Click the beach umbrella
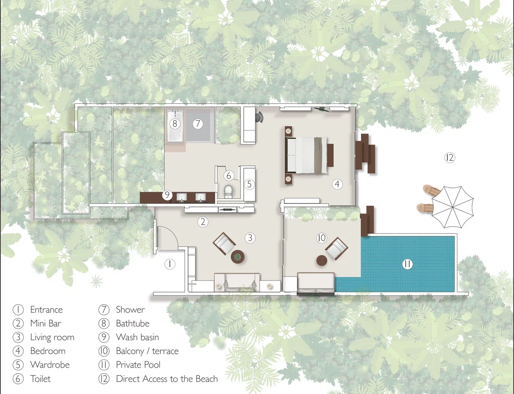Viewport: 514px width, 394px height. tap(453, 207)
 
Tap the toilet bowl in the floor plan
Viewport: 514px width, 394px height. tap(228, 192)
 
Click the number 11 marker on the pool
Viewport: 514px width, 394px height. tap(407, 264)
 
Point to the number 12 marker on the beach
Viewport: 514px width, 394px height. tap(450, 158)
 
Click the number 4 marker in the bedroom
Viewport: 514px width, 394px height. tap(337, 184)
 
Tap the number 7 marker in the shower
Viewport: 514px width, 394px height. tap(198, 124)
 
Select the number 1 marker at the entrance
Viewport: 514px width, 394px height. tap(170, 264)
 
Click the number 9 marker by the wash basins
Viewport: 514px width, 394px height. tap(167, 195)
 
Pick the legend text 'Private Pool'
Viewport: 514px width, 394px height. tap(138, 365)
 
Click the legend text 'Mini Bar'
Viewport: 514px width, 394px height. tap(46, 323)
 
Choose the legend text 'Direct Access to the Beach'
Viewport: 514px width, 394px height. tap(167, 379)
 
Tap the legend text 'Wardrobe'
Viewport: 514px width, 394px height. tap(50, 365)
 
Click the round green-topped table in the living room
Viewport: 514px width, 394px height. tap(237, 257)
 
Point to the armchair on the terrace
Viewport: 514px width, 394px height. tap(337, 249)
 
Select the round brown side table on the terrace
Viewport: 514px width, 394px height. tap(322, 260)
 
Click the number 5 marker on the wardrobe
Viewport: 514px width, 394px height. tap(249, 184)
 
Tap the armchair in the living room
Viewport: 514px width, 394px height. tap(224, 244)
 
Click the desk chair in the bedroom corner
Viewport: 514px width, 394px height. tap(259, 117)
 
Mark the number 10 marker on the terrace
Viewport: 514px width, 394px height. tap(322, 238)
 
